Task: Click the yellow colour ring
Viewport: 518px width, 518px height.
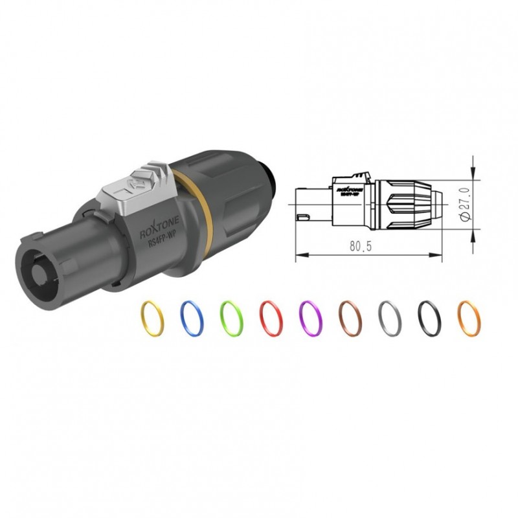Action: (x=153, y=317)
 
